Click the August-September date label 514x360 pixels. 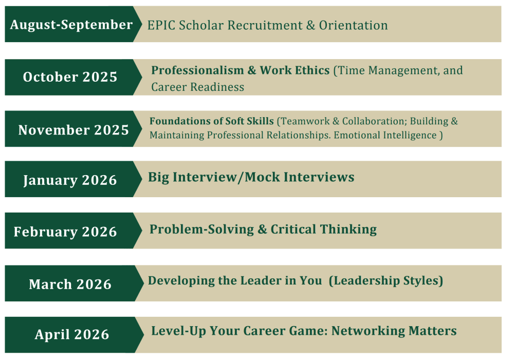71,25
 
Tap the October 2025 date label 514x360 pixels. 70,77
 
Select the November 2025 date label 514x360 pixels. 74,130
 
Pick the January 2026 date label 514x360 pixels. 70,180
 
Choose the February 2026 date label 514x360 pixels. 65,232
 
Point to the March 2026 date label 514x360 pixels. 70,284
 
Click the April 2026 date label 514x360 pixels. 72,334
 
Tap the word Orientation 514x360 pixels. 354,25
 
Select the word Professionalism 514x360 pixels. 198,70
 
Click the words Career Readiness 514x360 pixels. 198,87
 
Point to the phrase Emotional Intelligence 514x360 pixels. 385,135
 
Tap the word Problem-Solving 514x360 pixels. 201,229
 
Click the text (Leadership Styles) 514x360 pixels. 386,281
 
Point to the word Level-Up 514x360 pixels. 179,331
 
